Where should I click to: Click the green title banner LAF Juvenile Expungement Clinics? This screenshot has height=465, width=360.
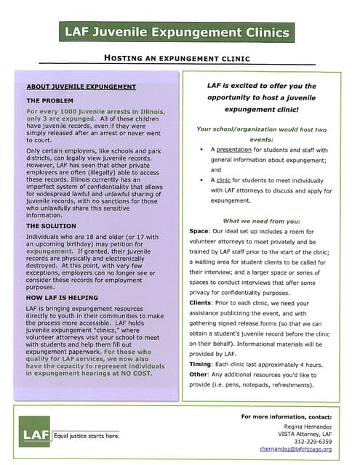(x=177, y=32)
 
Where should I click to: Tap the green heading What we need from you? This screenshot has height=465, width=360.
(x=262, y=220)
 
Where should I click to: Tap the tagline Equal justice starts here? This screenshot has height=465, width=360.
(x=86, y=435)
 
